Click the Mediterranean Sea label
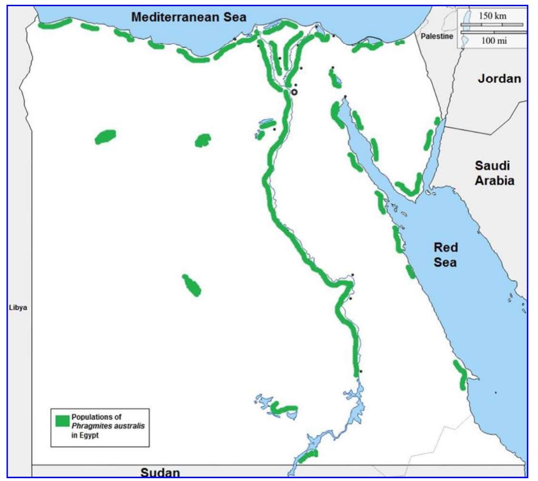click(189, 18)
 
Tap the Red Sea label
click(446, 255)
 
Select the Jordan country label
click(499, 79)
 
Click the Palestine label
click(437, 37)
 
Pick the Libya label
click(18, 308)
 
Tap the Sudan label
click(160, 472)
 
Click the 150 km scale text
click(492, 16)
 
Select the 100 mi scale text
click(494, 40)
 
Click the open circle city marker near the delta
click(294, 92)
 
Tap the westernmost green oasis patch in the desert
click(105, 137)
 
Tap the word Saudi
click(492, 166)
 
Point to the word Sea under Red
click(446, 262)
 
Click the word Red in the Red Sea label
click(446, 248)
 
